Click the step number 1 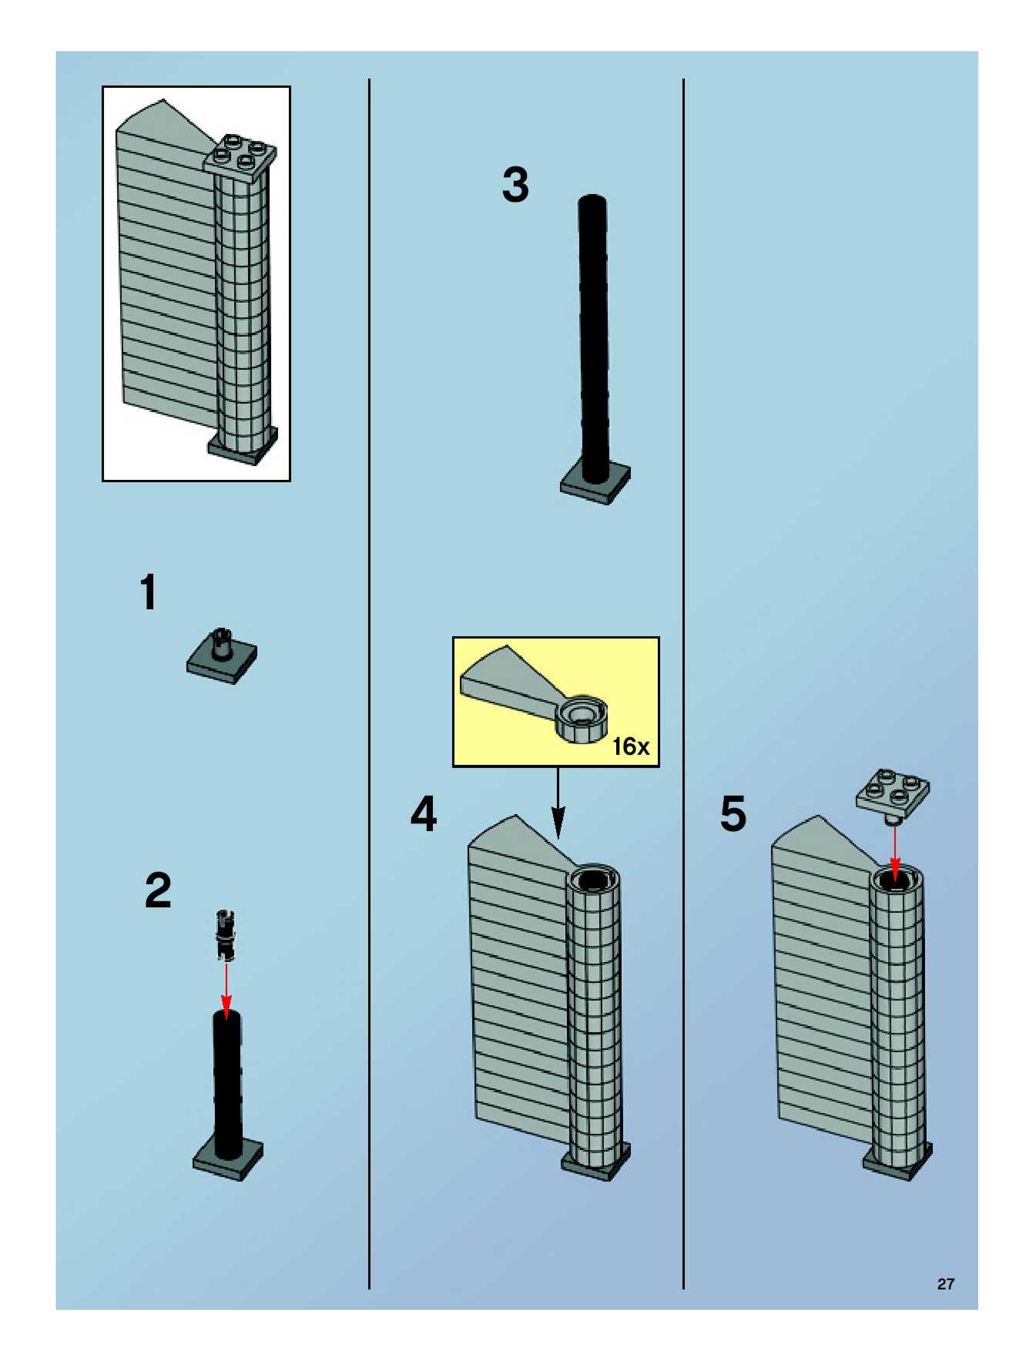(148, 592)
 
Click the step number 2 (158, 891)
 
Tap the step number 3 (515, 185)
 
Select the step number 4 (424, 815)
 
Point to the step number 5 (733, 815)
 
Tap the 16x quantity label (630, 746)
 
